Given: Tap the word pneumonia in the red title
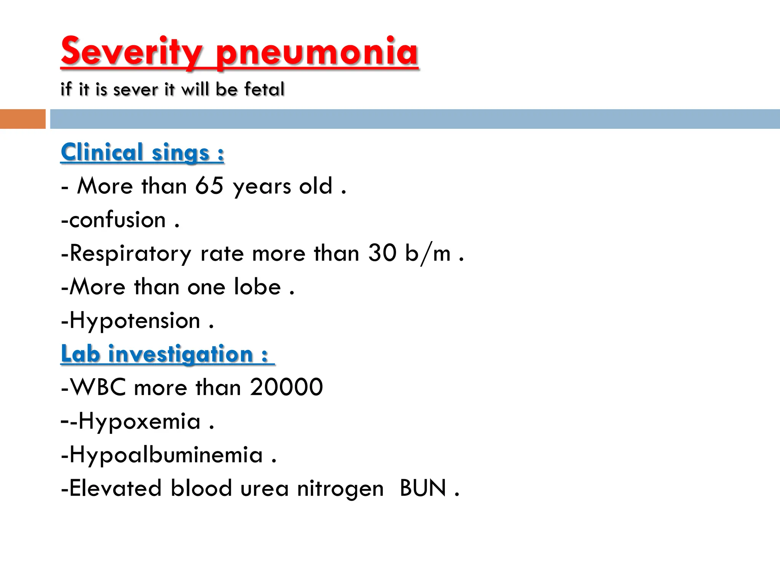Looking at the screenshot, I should pos(317,51).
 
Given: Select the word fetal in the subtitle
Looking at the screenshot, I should pos(264,89).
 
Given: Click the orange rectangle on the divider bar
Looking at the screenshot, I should pos(22,119).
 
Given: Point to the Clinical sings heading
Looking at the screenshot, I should pos(142,152).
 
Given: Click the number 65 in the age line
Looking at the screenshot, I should pos(209,186).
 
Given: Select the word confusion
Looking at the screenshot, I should pos(117,220).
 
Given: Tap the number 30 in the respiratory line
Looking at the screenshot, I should pos(382,253).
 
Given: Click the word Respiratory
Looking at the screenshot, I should pos(131,254).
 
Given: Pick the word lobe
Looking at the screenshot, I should pos(257,286).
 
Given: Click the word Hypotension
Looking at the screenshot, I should pos(135,321).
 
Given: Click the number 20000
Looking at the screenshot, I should pos(286,387).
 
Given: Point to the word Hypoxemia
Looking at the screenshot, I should pos(139,422).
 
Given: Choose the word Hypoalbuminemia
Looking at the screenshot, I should pos(166,455).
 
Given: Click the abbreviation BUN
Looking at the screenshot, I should pos(423,488).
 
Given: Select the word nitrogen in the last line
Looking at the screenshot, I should pos(340,489).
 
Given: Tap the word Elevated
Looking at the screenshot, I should pos(115,488).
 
